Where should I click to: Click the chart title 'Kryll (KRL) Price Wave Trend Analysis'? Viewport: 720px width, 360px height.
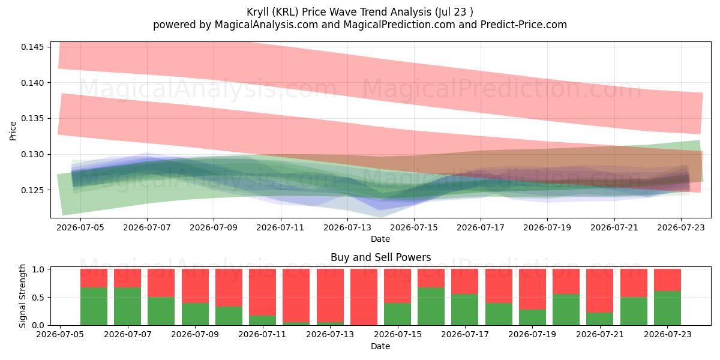[339, 12]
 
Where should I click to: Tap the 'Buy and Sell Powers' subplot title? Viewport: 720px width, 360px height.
[380, 257]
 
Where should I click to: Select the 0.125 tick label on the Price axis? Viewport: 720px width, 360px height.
[32, 190]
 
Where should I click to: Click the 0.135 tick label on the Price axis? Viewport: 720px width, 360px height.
[32, 119]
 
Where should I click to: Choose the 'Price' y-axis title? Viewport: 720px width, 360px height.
[13, 131]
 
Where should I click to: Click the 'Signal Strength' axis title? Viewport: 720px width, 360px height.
[22, 296]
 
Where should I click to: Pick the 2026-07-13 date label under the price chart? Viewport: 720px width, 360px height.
[347, 227]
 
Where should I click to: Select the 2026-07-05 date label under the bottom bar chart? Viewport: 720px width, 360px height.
[60, 335]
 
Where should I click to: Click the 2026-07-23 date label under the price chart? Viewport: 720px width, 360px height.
[681, 227]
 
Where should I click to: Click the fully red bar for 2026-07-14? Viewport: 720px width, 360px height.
[364, 297]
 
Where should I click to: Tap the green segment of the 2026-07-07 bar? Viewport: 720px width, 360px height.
[128, 307]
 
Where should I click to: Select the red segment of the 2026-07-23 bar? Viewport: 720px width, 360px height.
[668, 280]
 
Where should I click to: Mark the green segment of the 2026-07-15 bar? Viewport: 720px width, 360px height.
[398, 314]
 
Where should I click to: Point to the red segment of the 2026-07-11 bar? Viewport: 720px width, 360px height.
[263, 292]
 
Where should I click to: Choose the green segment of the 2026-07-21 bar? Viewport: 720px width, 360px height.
[600, 319]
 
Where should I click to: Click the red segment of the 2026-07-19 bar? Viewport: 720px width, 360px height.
[533, 289]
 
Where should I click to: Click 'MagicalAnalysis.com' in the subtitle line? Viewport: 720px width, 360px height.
[266, 25]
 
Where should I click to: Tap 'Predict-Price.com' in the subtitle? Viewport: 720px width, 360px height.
[524, 25]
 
